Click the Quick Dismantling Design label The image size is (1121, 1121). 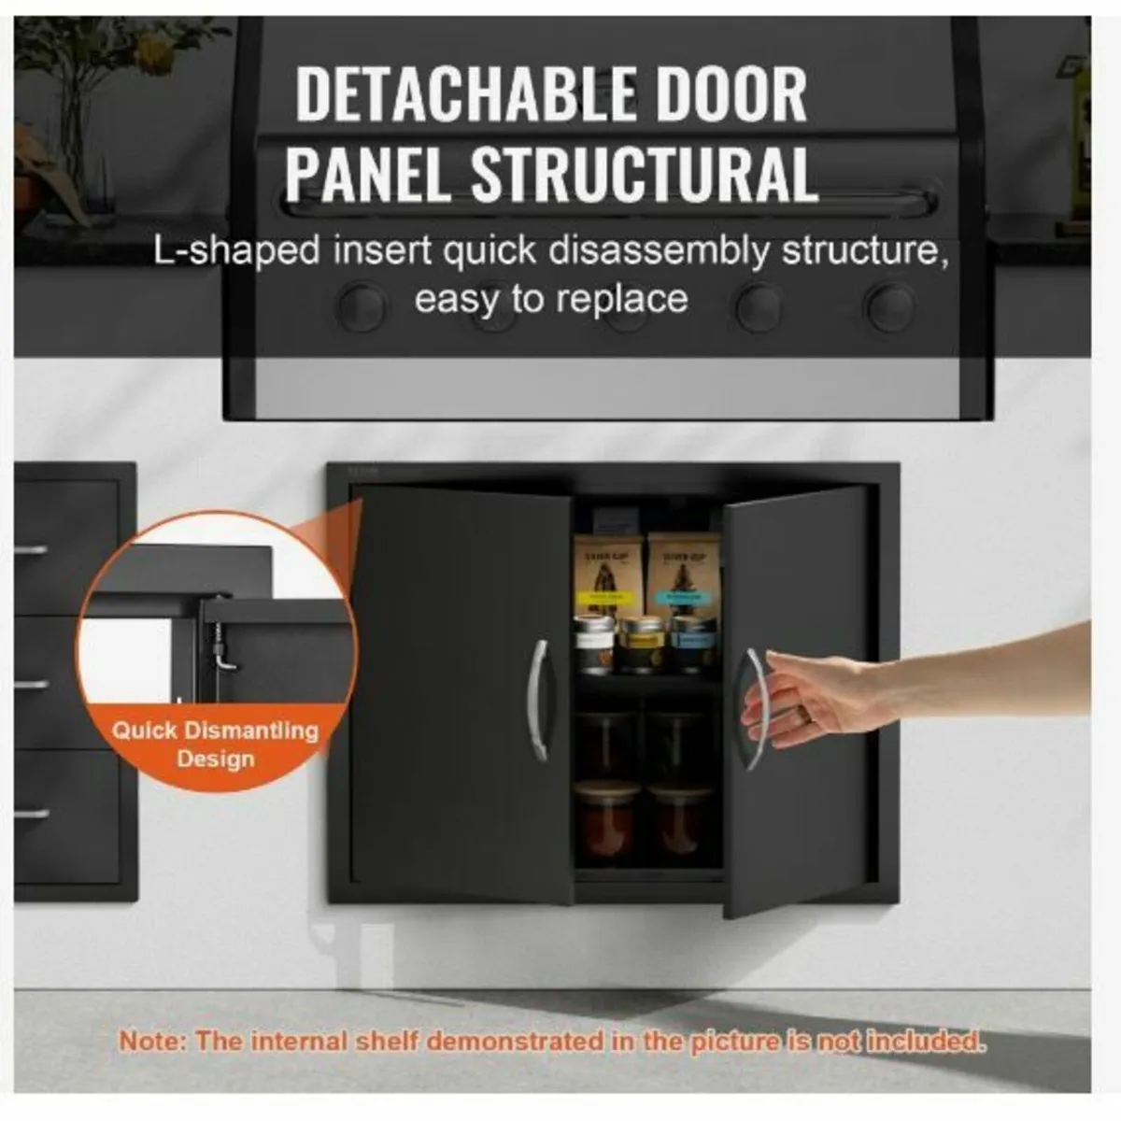216,744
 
